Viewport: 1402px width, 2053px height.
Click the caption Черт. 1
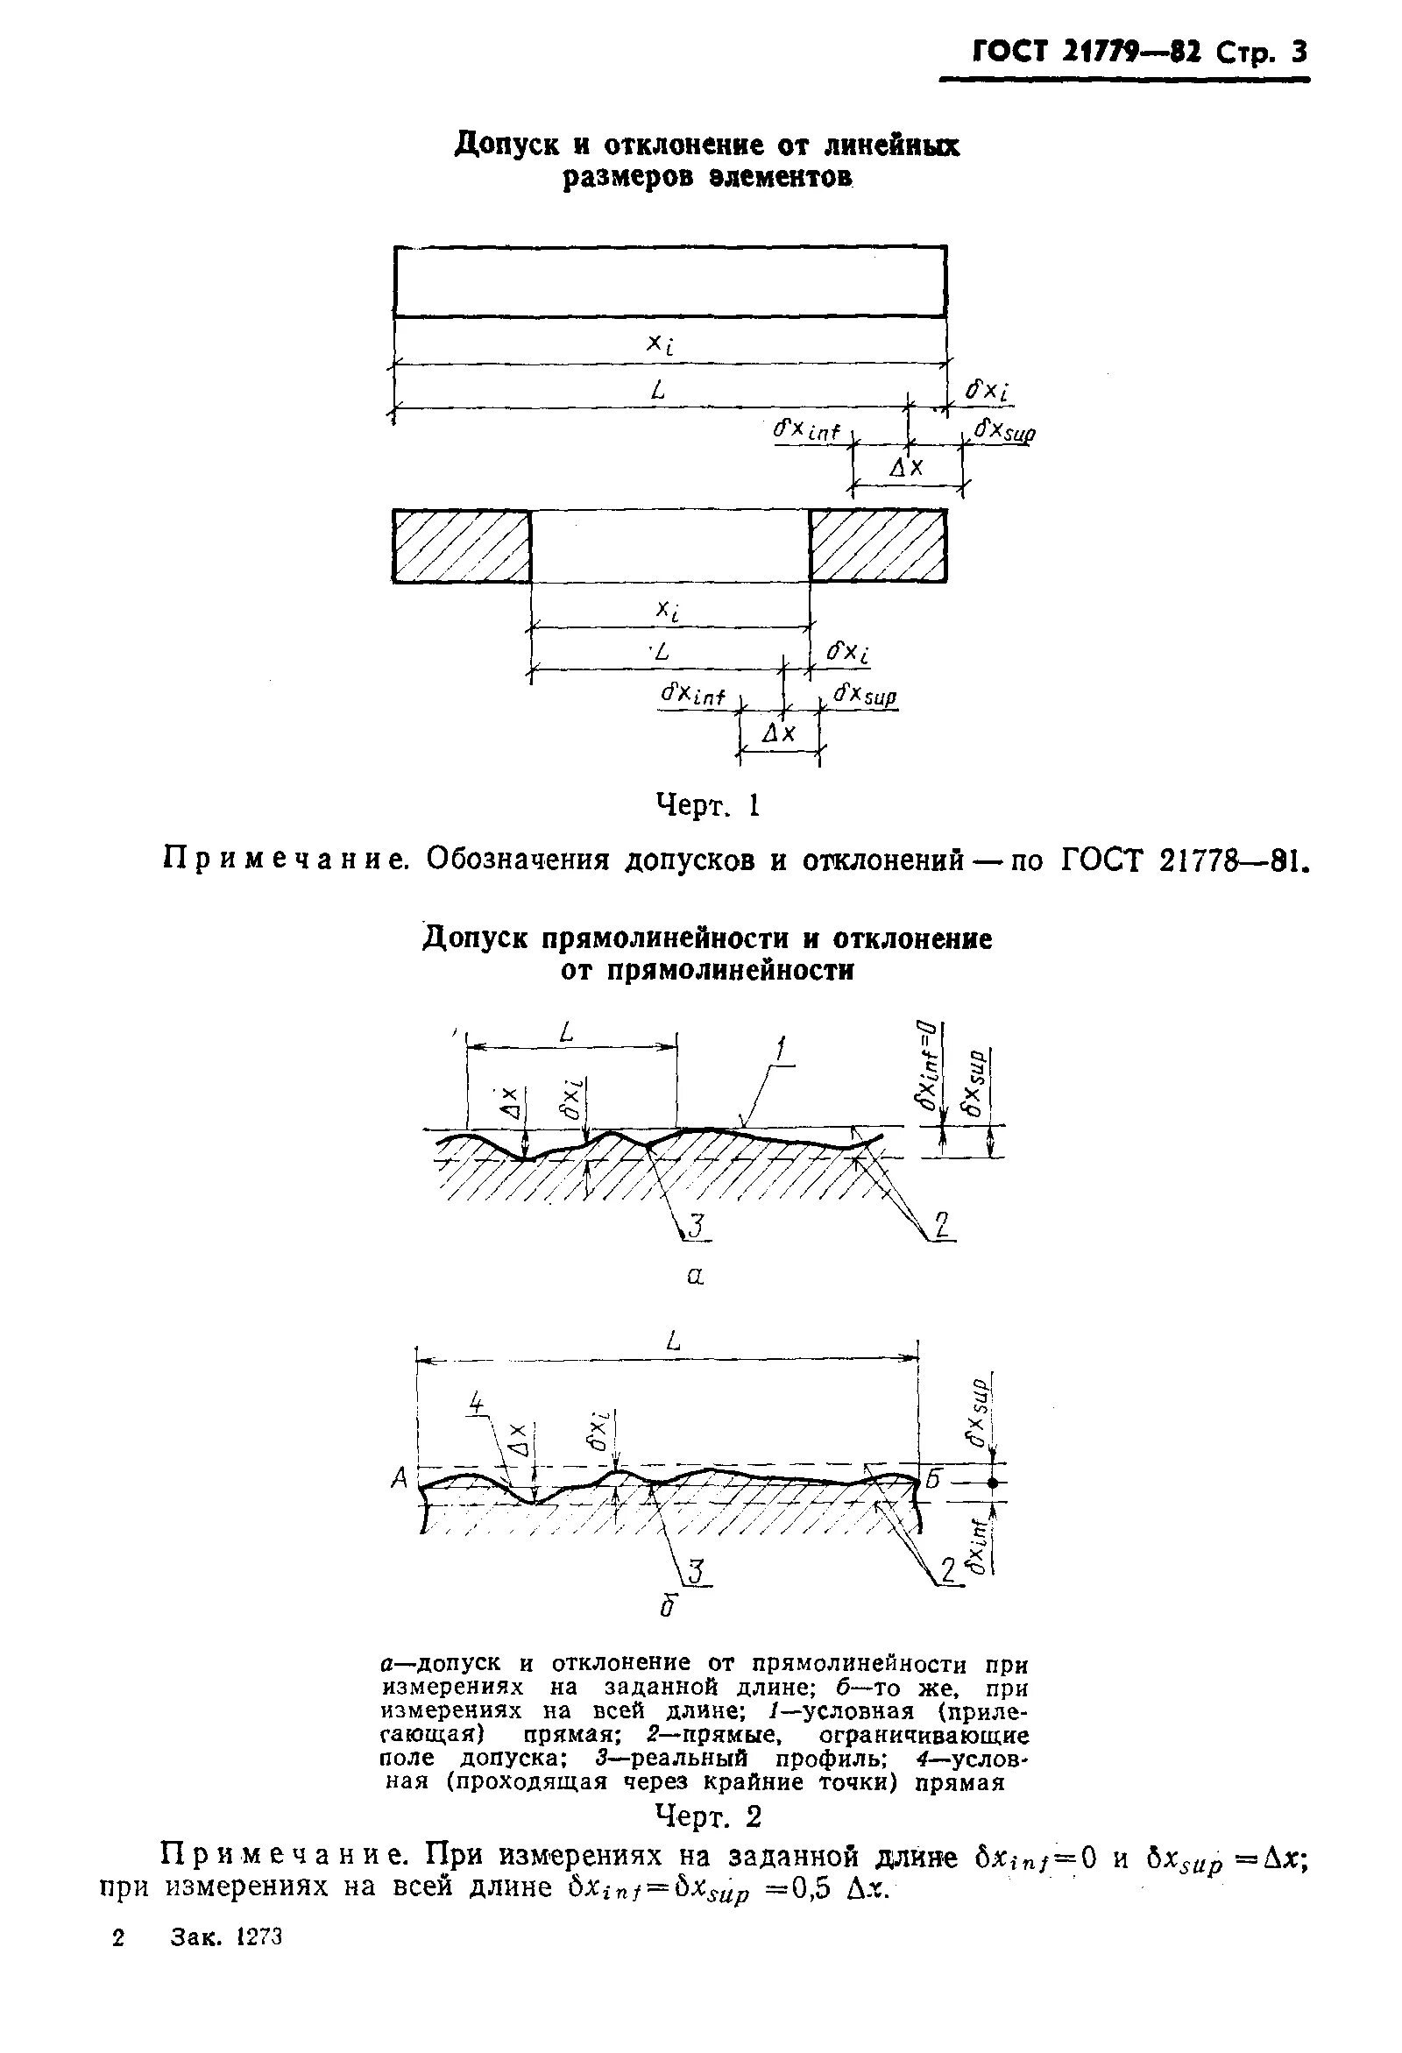coord(708,804)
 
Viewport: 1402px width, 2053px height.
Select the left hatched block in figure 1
coord(461,546)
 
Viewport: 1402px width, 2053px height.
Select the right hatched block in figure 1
coord(877,546)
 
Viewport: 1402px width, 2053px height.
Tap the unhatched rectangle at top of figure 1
coord(669,281)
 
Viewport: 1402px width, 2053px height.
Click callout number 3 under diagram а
coord(695,1225)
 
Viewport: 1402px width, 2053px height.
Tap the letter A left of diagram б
coord(399,1478)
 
